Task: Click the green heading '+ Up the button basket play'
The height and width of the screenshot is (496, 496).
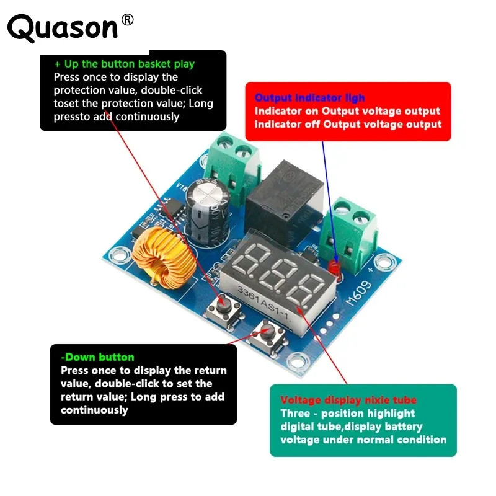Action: pyautogui.click(x=124, y=64)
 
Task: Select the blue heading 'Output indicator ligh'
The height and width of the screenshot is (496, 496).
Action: pyautogui.click(x=310, y=98)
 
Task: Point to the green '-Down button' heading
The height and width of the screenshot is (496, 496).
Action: pyautogui.click(x=97, y=357)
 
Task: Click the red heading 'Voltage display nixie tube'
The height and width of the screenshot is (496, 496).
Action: pyautogui.click(x=348, y=400)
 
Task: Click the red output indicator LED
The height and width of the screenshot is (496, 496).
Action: pyautogui.click(x=335, y=268)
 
